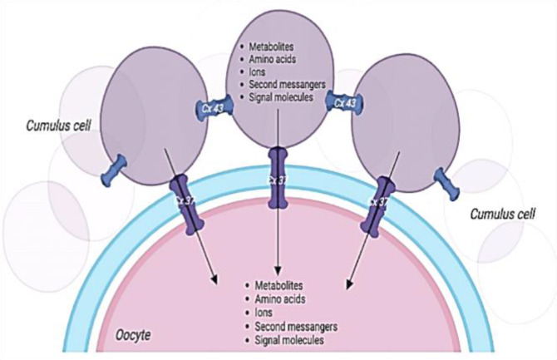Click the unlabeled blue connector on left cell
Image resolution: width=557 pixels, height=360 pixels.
click(112, 169)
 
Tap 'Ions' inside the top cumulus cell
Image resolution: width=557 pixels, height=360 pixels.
click(255, 73)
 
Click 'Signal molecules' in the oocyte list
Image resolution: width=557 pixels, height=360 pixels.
click(292, 340)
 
